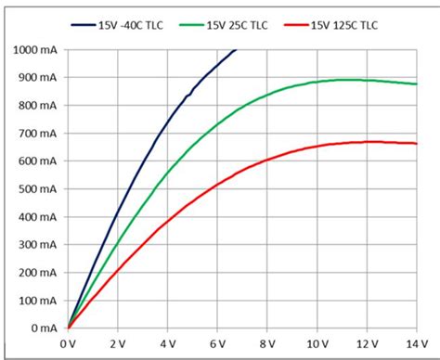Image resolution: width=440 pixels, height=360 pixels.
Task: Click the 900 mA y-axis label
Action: tap(36, 78)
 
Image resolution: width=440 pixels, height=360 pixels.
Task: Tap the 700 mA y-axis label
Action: tap(36, 134)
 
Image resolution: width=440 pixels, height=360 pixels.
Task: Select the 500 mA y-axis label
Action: tap(36, 189)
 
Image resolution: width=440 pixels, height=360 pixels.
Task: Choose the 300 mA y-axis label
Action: tap(36, 245)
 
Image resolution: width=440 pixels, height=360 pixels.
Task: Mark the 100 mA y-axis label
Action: tap(36, 301)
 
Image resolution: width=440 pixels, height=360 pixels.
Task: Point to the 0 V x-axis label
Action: tap(68, 343)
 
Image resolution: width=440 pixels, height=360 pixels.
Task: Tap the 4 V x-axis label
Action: tap(167, 343)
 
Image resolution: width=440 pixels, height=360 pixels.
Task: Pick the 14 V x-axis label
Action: tap(416, 343)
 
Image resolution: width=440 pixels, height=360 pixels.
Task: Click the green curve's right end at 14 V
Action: tap(416, 84)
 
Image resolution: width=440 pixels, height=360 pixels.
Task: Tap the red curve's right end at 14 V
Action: tap(416, 143)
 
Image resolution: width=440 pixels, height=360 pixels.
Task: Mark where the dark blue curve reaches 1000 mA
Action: tap(237, 50)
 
